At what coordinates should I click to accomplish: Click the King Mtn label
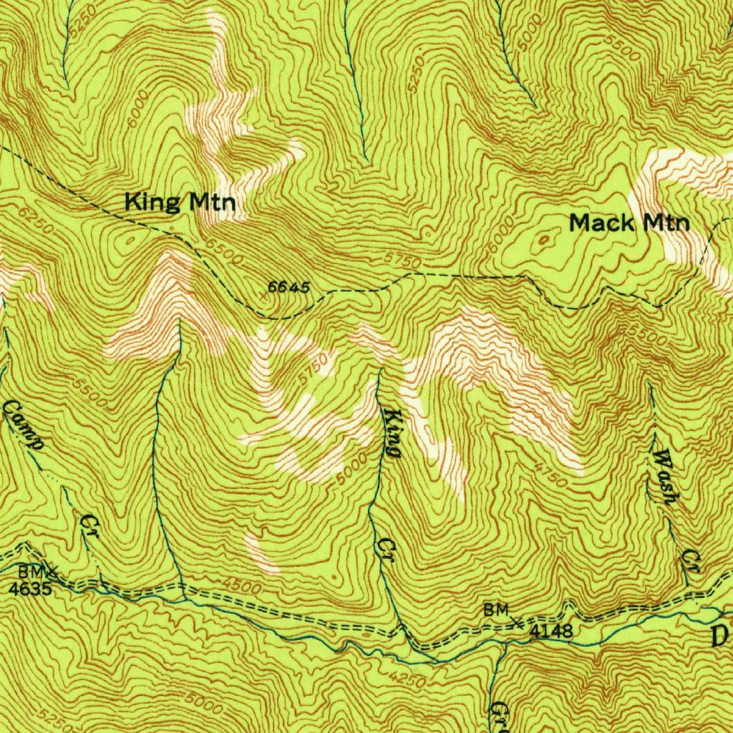click(x=180, y=203)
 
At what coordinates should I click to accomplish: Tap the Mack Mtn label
click(x=629, y=223)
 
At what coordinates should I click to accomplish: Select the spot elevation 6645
click(x=289, y=288)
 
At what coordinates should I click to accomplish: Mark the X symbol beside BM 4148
click(x=517, y=622)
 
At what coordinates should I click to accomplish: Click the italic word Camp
click(x=24, y=425)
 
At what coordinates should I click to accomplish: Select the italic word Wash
click(x=664, y=477)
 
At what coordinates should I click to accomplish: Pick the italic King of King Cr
click(x=392, y=434)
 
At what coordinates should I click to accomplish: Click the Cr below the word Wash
click(x=690, y=560)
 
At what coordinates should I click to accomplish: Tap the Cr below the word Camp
click(x=89, y=522)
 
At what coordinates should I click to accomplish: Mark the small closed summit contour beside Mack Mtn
click(x=545, y=240)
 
